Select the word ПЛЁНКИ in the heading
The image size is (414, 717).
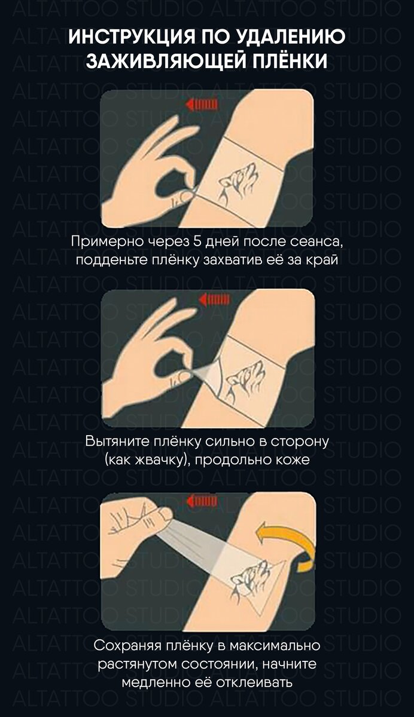pyautogui.click(x=286, y=61)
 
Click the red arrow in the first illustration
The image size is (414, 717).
pyautogui.click(x=201, y=105)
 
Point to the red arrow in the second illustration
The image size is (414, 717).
pyautogui.click(x=213, y=299)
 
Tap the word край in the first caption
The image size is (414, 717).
pyautogui.click(x=325, y=261)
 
